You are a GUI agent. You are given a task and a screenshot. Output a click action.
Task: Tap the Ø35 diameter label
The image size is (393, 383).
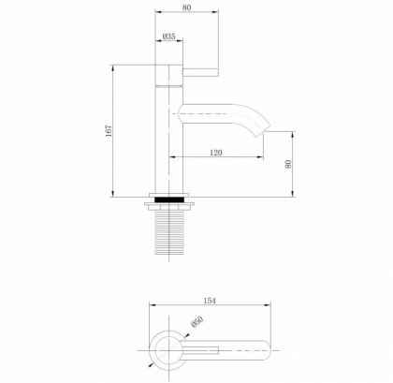click(x=169, y=37)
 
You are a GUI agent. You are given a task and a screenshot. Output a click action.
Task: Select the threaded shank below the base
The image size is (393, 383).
click(x=169, y=235)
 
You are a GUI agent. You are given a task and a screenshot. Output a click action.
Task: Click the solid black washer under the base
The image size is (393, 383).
click(x=169, y=200)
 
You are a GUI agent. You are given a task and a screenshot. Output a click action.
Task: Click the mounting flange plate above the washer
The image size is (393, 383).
click(x=169, y=195)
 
